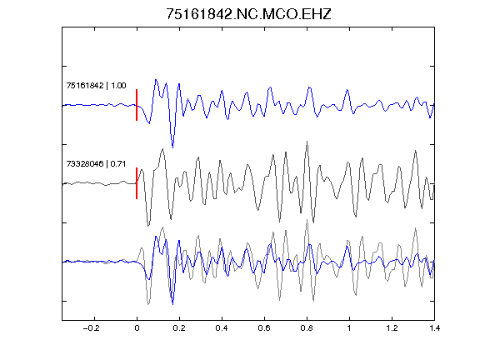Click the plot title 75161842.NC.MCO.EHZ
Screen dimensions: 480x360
click(248, 14)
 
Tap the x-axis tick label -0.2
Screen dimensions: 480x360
click(91, 328)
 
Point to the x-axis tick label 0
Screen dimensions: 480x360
click(137, 328)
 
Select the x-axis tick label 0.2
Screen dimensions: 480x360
click(179, 328)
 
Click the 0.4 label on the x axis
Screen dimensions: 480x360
click(222, 328)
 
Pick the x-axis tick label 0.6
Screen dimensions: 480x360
click(264, 328)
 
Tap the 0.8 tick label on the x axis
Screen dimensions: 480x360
click(307, 328)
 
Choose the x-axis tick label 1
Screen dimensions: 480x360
click(349, 328)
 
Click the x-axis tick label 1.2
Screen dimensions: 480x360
click(392, 328)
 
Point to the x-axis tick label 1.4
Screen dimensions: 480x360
click(434, 328)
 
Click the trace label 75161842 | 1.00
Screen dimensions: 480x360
click(96, 85)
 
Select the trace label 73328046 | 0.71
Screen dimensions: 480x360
click(96, 164)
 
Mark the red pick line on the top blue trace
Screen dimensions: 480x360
click(137, 105)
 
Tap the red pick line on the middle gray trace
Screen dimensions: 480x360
click(137, 183)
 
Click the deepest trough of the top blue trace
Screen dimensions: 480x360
click(173, 147)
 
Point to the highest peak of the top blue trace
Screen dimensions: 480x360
click(156, 80)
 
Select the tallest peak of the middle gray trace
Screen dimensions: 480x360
click(307, 142)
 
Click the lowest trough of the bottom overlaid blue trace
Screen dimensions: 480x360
click(173, 304)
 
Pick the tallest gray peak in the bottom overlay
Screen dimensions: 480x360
click(307, 220)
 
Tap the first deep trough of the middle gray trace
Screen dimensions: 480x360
click(148, 226)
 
